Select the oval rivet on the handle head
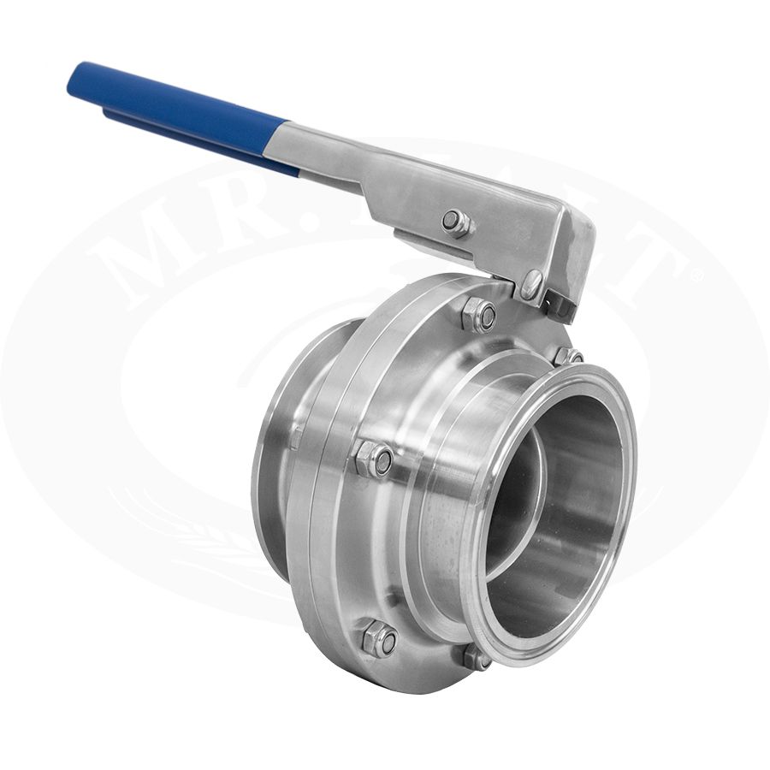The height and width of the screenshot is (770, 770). [x=532, y=282]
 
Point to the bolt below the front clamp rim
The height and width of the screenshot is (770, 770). [x=477, y=657]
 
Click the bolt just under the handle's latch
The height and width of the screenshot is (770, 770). [x=567, y=354]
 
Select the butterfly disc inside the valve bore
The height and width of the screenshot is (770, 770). [x=513, y=505]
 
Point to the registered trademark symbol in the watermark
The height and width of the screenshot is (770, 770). [x=695, y=275]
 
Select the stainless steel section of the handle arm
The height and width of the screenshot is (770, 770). [x=385, y=171]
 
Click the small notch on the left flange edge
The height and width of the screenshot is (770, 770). [x=296, y=436]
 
